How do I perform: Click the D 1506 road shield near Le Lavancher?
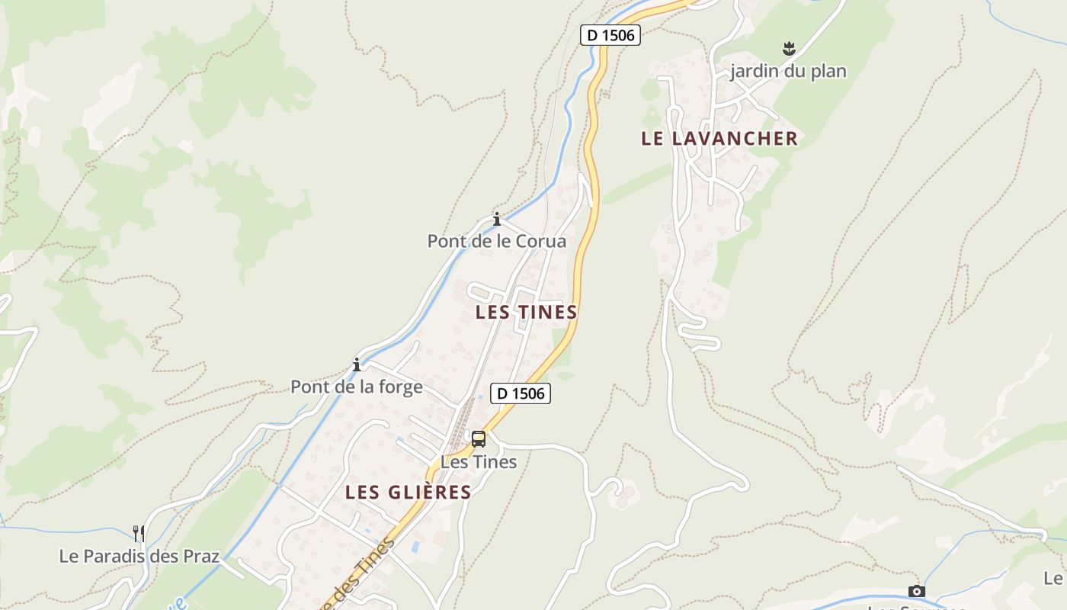pyautogui.click(x=610, y=34)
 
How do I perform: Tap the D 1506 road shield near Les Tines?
pyautogui.click(x=520, y=393)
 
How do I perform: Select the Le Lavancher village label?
pyautogui.click(x=719, y=138)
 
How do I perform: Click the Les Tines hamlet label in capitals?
pyautogui.click(x=526, y=312)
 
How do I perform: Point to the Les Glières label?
pyautogui.click(x=408, y=492)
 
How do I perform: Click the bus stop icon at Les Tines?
pyautogui.click(x=479, y=439)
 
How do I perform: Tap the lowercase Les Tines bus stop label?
pyautogui.click(x=479, y=462)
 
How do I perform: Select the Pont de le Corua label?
pyautogui.click(x=496, y=242)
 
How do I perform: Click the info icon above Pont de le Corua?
pyautogui.click(x=497, y=220)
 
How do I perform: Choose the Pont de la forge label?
pyautogui.click(x=356, y=387)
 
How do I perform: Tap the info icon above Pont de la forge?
pyautogui.click(x=356, y=364)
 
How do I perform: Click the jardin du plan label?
pyautogui.click(x=788, y=72)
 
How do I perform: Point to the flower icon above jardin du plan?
pyautogui.click(x=789, y=50)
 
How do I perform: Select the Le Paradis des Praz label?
pyautogui.click(x=139, y=556)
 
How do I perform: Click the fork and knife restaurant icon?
pyautogui.click(x=138, y=533)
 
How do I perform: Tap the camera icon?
pyautogui.click(x=916, y=591)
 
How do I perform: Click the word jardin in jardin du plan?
pyautogui.click(x=754, y=72)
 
